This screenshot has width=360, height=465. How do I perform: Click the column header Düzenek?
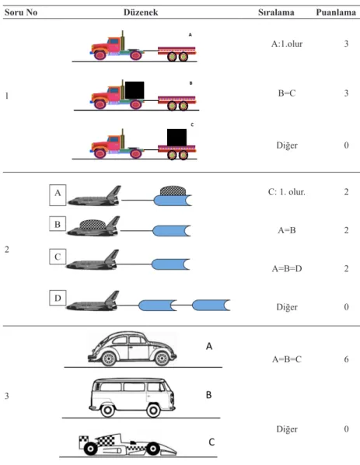coord(141,12)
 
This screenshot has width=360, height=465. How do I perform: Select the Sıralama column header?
coord(276,12)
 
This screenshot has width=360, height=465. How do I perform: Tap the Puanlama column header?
coord(336,12)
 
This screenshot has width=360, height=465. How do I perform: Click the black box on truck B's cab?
coord(135,90)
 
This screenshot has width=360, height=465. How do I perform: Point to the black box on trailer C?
coord(177,138)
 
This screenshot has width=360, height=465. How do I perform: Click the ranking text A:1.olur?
coord(287,44)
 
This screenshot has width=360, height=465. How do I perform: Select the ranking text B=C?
coord(287,93)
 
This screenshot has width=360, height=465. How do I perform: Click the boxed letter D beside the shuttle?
coord(58,298)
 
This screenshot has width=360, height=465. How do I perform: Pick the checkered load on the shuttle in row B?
coord(93,225)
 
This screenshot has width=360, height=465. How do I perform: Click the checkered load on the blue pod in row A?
coord(173,191)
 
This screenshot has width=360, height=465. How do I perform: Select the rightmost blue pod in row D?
coord(211,305)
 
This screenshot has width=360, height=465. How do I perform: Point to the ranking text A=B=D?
coord(287,269)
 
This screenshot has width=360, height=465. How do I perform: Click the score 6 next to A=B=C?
coord(346,359)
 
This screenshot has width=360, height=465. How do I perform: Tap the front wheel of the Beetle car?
coord(108,358)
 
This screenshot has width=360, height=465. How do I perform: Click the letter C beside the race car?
coord(211,442)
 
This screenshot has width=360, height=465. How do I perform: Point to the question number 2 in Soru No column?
coord(7,250)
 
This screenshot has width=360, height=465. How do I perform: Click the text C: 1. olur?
coord(287,192)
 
